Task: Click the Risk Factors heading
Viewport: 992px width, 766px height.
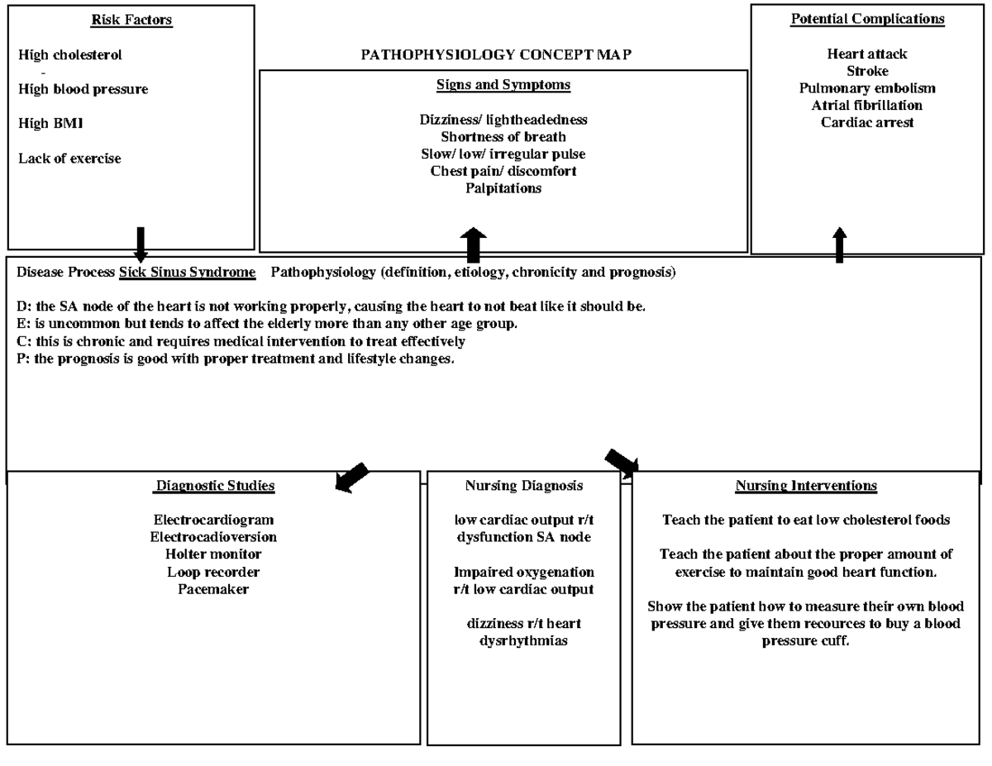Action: point(131,20)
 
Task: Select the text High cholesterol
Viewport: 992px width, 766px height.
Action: point(69,55)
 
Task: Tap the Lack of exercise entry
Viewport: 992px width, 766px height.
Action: point(69,158)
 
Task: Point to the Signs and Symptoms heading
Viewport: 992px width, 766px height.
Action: point(503,84)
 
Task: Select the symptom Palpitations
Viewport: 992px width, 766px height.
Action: point(503,188)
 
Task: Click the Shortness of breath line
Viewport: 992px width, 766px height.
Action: point(503,136)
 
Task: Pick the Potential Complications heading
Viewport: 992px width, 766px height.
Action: point(867,18)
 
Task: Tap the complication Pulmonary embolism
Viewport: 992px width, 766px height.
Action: point(867,88)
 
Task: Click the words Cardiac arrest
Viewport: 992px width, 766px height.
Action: point(867,122)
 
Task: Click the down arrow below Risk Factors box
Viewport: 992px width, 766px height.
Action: point(141,245)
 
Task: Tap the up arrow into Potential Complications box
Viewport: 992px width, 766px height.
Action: point(840,245)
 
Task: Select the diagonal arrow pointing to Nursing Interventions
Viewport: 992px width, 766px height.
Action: point(622,464)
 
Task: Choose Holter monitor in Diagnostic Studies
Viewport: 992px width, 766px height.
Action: point(213,554)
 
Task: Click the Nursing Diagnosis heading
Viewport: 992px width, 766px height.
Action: point(523,486)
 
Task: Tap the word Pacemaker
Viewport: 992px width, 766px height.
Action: point(213,588)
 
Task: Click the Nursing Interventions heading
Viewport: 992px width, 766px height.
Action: point(806,486)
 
